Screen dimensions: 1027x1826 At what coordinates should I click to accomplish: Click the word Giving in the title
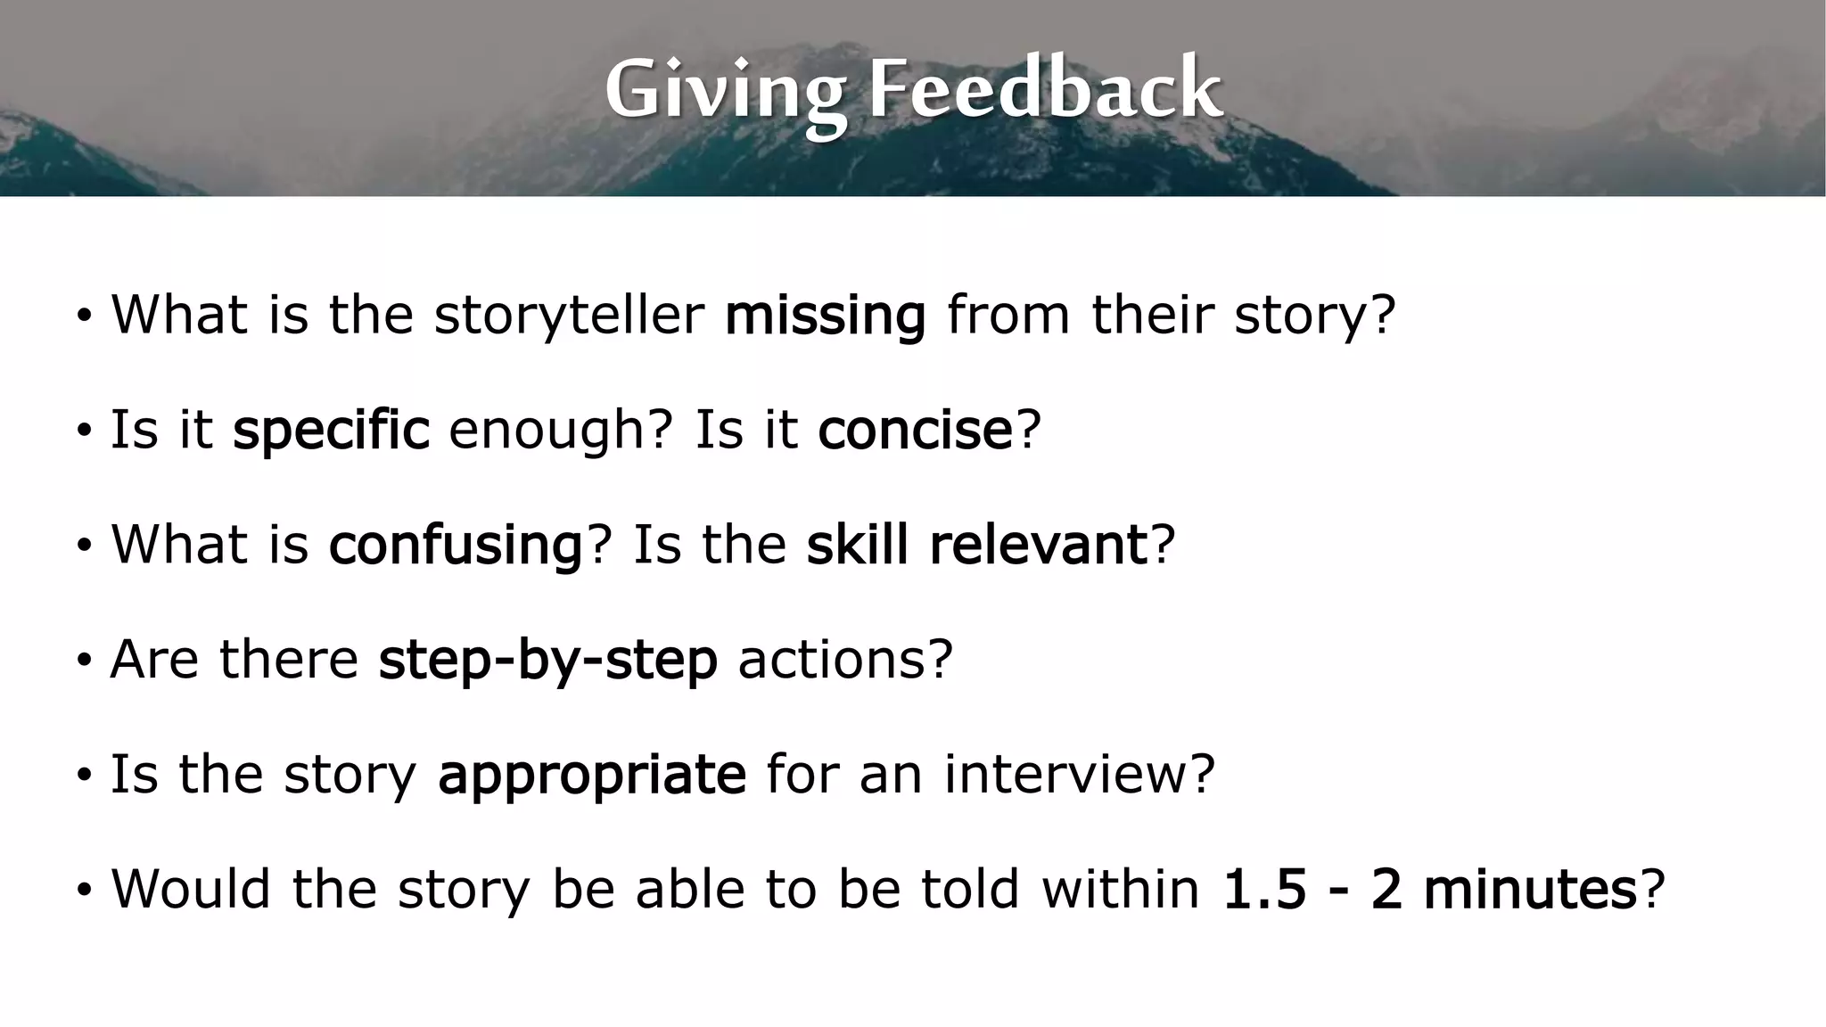725,89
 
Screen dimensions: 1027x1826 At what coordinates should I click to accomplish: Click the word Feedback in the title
1045,89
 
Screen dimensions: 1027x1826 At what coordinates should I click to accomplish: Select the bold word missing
825,316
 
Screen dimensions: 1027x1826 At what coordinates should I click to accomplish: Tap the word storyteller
569,316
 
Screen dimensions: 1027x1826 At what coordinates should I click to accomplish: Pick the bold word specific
331,431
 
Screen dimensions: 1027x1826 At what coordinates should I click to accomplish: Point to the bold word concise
915,431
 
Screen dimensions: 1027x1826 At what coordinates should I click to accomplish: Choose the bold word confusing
456,545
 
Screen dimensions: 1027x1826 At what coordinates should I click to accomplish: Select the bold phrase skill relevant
976,545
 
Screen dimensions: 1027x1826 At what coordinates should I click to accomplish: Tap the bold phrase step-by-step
547,660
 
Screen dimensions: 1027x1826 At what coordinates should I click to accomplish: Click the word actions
835,660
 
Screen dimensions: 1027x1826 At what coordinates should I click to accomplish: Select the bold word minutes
1530,889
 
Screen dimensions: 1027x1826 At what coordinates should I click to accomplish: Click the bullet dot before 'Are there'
84,661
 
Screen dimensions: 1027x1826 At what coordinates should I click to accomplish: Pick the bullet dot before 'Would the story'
84,891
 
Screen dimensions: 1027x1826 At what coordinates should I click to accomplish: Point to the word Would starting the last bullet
190,889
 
